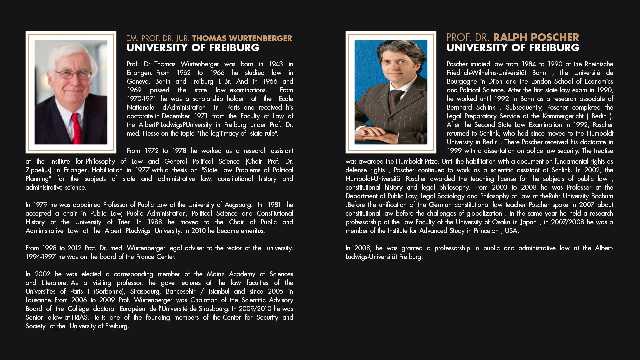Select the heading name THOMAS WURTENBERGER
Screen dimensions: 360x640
click(242, 38)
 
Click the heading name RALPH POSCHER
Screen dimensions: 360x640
click(536, 37)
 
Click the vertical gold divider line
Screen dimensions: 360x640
click(320, 180)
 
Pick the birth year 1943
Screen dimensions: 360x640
click(276, 64)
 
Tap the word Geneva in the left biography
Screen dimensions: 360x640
click(138, 81)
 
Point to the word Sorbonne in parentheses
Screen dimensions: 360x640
click(109, 291)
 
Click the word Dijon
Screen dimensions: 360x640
click(495, 81)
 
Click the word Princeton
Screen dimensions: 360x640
click(486, 231)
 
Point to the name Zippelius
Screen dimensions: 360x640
click(38, 170)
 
